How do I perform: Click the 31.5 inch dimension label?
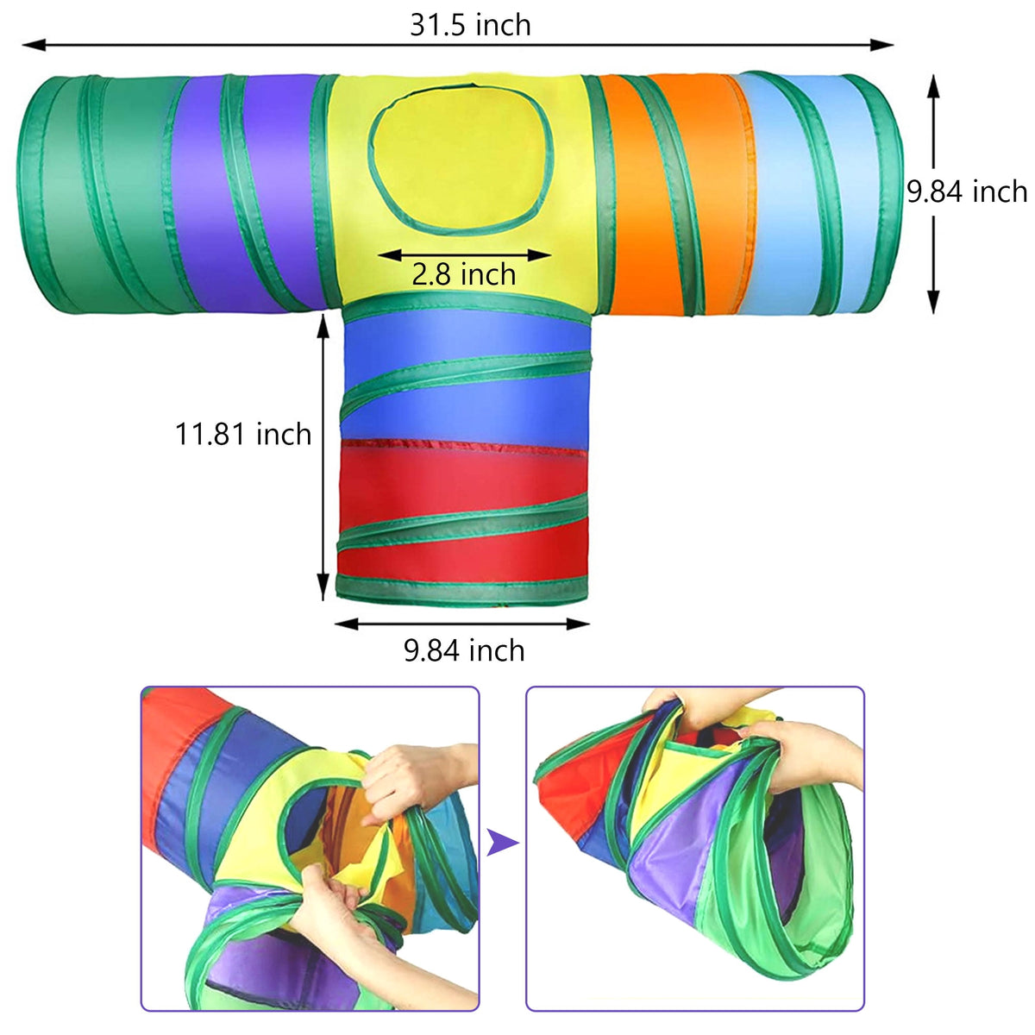tap(470, 25)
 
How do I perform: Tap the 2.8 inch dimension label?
tap(463, 274)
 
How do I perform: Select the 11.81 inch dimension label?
tap(243, 434)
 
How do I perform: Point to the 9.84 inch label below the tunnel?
tap(464, 650)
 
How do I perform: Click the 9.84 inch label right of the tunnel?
tap(967, 191)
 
